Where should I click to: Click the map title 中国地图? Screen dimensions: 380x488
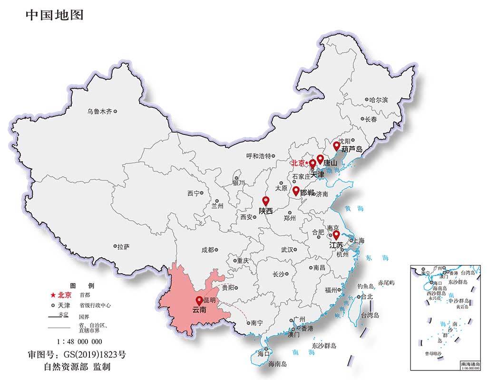[54, 15]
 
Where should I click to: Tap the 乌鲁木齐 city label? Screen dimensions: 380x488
[99, 112]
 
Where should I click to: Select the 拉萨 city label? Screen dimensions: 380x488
[123, 247]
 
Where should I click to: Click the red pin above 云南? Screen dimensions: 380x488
[199, 300]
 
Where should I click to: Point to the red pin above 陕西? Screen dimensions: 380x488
[266, 201]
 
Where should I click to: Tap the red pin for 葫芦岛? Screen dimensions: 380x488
[336, 146]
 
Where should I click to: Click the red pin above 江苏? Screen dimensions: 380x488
[336, 235]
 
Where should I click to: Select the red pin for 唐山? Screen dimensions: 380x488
[320, 159]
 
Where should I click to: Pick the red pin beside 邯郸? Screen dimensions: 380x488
[296, 191]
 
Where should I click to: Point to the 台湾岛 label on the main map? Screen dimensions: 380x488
[370, 315]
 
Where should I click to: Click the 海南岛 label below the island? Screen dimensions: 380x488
[277, 364]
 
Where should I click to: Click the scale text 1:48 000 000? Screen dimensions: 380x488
[79, 342]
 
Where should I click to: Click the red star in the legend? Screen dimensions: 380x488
[53, 294]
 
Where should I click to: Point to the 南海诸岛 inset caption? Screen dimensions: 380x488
[470, 363]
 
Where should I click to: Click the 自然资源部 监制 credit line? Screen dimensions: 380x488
[77, 367]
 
